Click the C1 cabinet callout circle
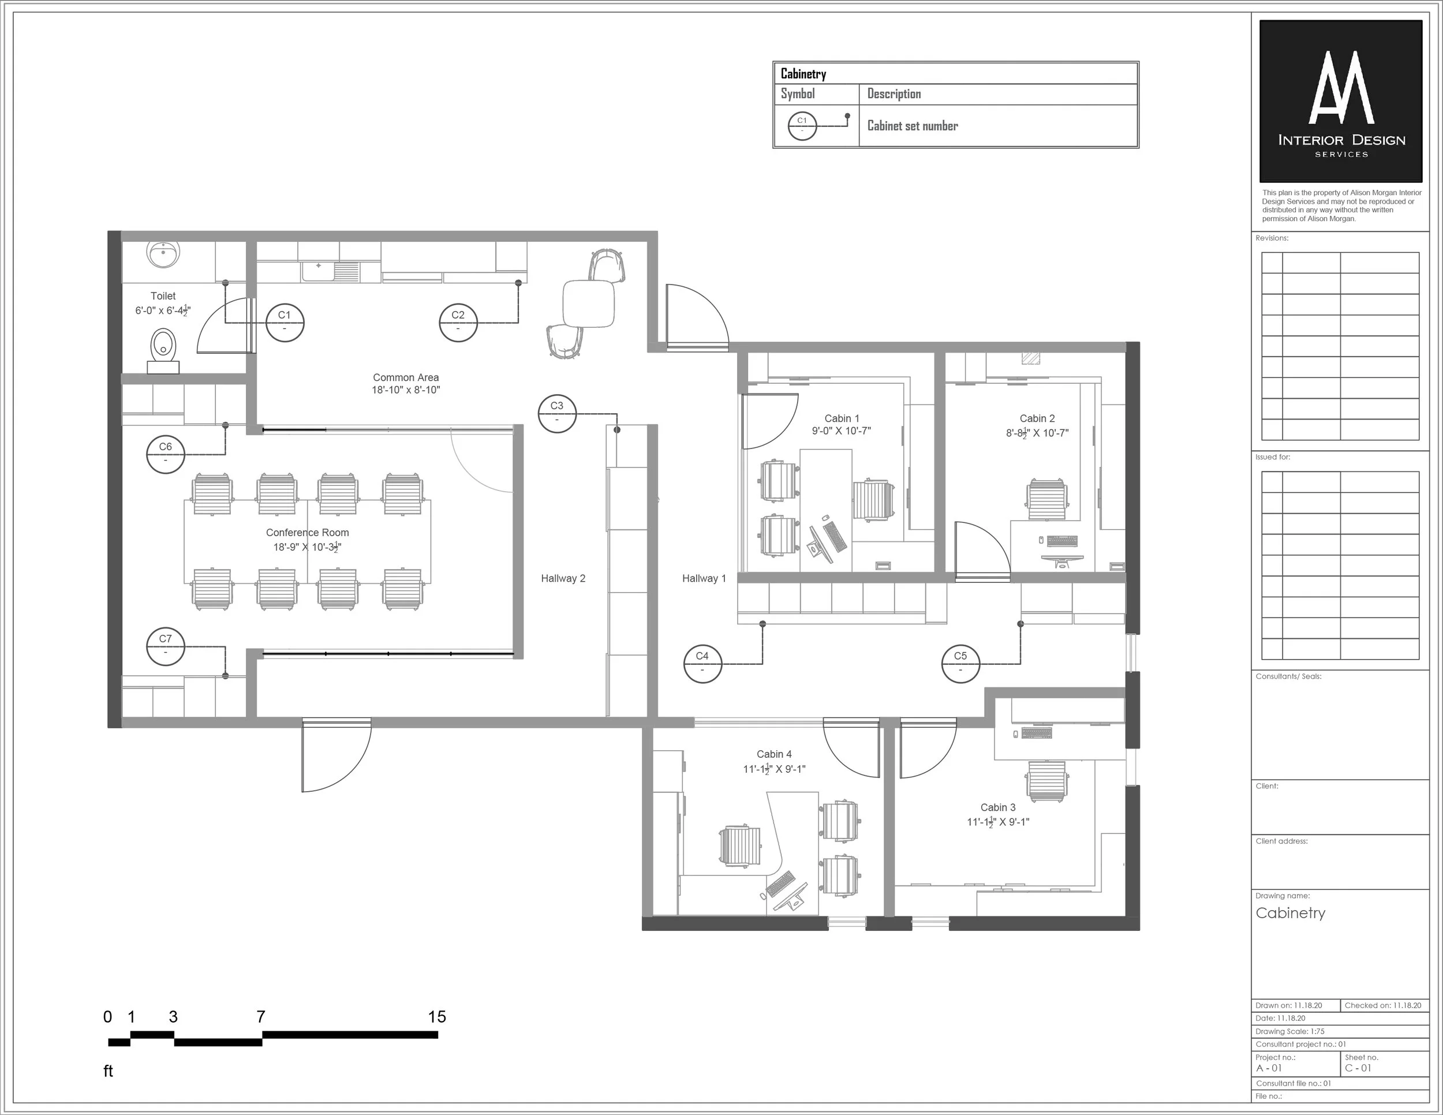(285, 323)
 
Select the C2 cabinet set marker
(458, 323)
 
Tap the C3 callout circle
(557, 413)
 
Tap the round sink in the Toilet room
(163, 255)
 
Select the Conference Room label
(307, 533)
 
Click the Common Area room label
(406, 378)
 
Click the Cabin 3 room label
(997, 807)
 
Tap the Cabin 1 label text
(842, 418)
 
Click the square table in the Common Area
(589, 303)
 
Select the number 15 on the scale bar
(437, 1016)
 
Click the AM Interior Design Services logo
(1341, 101)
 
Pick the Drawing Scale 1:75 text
(1289, 1031)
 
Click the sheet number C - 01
(1358, 1068)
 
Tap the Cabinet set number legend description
(913, 125)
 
